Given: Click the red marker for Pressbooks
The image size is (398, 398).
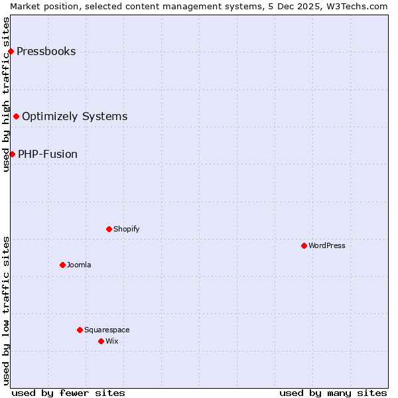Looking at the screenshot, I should coord(11,51).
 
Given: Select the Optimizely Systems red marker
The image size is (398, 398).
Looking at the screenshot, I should coord(16,116).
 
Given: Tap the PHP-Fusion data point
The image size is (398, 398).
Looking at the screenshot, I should coord(12,154).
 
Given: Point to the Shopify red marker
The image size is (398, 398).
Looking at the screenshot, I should coord(109,229).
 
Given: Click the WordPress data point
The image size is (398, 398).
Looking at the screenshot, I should coord(304,245).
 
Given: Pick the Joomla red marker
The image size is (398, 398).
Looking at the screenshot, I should coord(62,265).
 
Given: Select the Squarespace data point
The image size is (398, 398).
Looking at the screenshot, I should coord(80,330).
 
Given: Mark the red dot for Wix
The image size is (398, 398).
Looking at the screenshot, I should coord(101,341).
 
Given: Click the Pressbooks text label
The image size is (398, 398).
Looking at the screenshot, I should coord(46,52).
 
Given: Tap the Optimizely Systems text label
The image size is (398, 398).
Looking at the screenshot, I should coord(74,117).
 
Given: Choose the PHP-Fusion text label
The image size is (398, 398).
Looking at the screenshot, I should coord(48,155).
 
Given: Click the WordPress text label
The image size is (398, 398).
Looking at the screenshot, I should coord(327,245).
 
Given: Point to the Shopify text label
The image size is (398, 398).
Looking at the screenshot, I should coord(126,229).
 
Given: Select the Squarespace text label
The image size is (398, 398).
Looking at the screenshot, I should coord(107,330).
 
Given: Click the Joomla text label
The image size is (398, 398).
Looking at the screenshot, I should coord(79,265).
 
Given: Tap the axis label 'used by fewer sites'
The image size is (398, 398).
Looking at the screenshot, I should coord(68,393).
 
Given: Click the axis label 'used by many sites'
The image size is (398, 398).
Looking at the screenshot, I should coord(333,393).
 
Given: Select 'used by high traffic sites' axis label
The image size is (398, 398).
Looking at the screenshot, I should coord(6,94).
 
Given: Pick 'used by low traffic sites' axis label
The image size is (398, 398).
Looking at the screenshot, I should coord(6,310).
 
